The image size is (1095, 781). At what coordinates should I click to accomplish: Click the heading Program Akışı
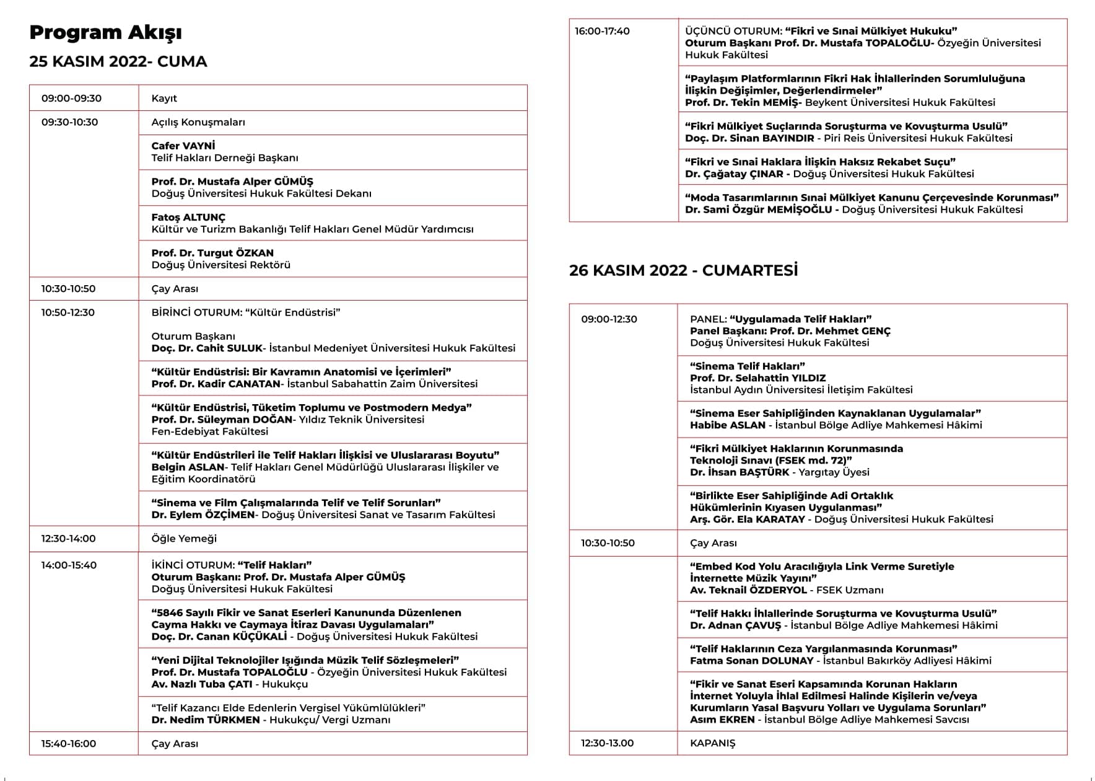pyautogui.click(x=105, y=32)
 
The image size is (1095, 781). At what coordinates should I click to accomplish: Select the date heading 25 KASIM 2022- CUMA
pyautogui.click(x=118, y=61)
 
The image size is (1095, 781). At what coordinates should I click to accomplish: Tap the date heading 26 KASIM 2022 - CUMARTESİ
pyautogui.click(x=683, y=270)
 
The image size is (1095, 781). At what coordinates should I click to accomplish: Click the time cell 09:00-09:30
pyautogui.click(x=71, y=98)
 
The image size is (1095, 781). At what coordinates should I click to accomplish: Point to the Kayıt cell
pyautogui.click(x=164, y=98)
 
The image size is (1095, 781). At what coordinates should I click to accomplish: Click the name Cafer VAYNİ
pyautogui.click(x=183, y=146)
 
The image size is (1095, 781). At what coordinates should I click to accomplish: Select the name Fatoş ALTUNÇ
pyautogui.click(x=188, y=218)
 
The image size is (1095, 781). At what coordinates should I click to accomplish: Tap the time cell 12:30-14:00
pyautogui.click(x=68, y=539)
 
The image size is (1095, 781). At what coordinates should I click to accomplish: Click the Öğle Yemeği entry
pyautogui.click(x=184, y=539)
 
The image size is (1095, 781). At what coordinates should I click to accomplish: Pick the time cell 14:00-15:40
pyautogui.click(x=69, y=565)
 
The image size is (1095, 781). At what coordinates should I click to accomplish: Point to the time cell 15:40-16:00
pyautogui.click(x=69, y=744)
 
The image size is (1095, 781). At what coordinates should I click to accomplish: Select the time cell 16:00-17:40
pyautogui.click(x=602, y=31)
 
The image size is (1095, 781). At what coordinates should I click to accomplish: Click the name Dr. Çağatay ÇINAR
pyautogui.click(x=734, y=174)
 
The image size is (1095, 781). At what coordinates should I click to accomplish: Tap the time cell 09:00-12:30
pyautogui.click(x=609, y=319)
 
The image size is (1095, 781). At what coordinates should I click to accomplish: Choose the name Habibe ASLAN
pyautogui.click(x=728, y=425)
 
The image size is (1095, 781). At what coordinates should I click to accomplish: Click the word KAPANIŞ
pyautogui.click(x=712, y=743)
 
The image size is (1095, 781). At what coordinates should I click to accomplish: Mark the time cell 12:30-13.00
pyautogui.click(x=607, y=743)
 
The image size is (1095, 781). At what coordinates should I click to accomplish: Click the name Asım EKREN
pyautogui.click(x=722, y=720)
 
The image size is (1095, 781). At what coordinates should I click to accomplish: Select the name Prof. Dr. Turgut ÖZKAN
pyautogui.click(x=212, y=253)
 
